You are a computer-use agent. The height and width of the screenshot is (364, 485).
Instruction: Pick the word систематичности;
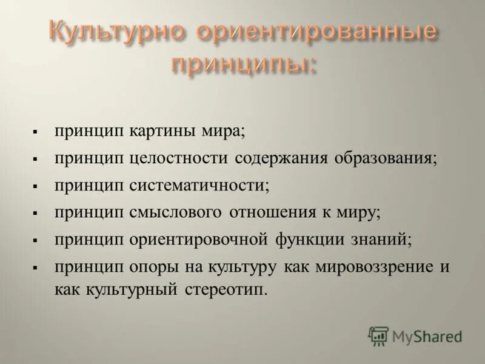point(199,185)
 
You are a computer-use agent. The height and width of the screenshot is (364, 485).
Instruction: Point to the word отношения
point(272,212)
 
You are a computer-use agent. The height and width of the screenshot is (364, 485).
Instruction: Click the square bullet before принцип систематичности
point(36,186)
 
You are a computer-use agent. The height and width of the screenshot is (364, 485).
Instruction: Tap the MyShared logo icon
point(378,335)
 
